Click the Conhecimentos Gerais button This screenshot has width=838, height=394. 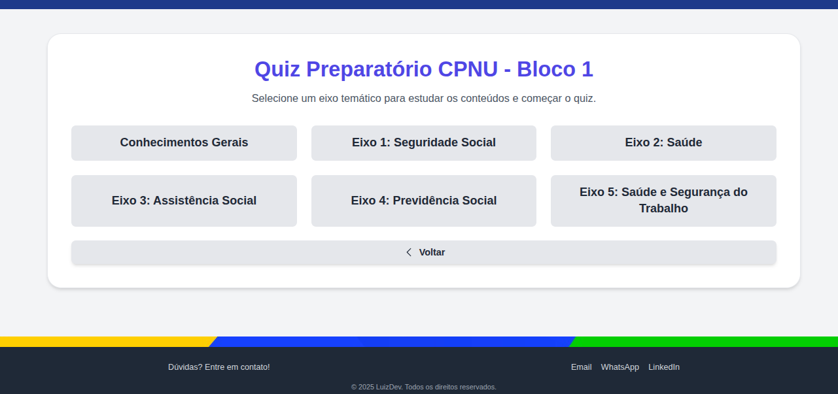(184, 142)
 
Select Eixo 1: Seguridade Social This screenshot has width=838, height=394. (423, 142)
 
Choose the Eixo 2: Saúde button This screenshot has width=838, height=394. (663, 142)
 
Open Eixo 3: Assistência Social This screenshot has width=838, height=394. (184, 201)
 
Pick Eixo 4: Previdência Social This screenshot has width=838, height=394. (423, 201)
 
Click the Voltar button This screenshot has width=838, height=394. (431, 252)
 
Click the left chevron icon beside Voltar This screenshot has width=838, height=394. (409, 252)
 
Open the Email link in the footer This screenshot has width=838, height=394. (581, 367)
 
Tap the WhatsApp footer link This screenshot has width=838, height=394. (620, 367)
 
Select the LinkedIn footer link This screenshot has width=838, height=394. (663, 367)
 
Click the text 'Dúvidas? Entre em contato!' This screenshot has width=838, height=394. (218, 367)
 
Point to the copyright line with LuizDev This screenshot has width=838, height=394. (423, 387)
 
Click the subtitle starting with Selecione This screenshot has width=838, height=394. (423, 99)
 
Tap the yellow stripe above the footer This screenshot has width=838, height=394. (98, 342)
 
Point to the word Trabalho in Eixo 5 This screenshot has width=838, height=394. (663, 209)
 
